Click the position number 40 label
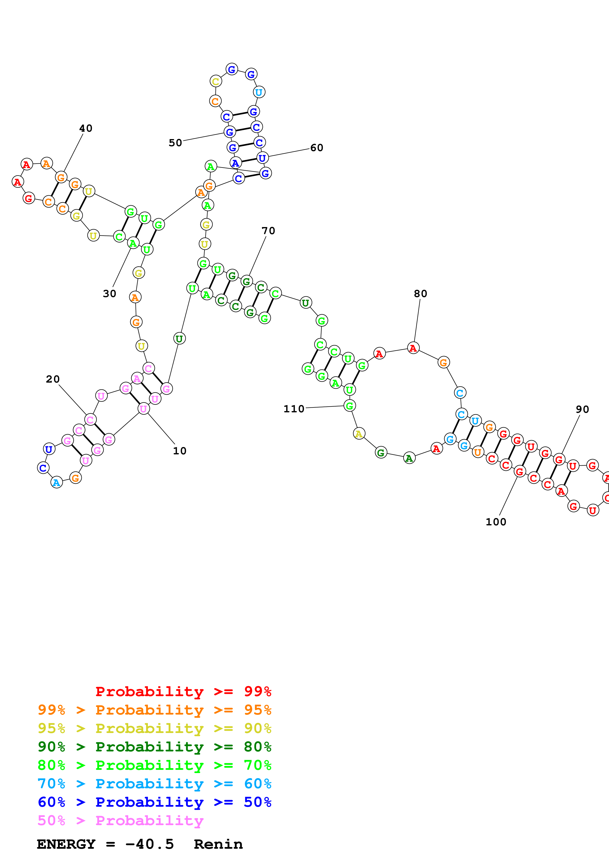tap(85, 129)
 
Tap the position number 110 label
tap(294, 409)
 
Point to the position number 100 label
tap(496, 522)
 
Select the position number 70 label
tap(268, 231)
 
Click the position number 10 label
tap(179, 451)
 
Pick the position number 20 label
tap(53, 379)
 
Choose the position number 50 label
tap(175, 143)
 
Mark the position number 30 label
tap(109, 294)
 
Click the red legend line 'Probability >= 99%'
tap(183, 691)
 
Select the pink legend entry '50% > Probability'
tap(120, 820)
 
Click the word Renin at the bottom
tap(218, 844)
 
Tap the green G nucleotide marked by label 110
tap(349, 405)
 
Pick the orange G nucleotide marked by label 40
tap(61, 177)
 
